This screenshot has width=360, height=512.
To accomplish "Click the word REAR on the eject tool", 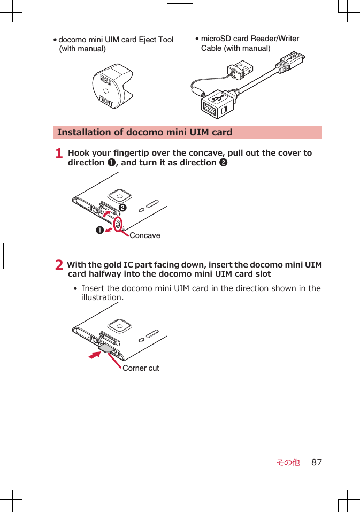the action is click(x=106, y=81).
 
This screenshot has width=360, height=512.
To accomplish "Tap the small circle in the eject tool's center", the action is click(x=106, y=91).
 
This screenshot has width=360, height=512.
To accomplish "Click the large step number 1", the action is click(x=59, y=153).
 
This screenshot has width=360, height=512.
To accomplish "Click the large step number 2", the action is click(x=59, y=264).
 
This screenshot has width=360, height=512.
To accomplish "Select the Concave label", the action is click(x=145, y=235).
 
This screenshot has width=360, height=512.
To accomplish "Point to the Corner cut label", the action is click(x=141, y=368).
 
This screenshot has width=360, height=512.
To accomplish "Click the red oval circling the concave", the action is click(x=118, y=224).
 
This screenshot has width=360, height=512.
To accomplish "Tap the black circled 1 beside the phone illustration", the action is click(x=99, y=230).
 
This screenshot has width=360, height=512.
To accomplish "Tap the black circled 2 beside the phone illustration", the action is click(x=122, y=208).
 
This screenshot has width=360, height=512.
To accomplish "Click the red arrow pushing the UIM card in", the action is click(x=95, y=355).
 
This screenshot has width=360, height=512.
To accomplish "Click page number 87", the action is click(x=317, y=462).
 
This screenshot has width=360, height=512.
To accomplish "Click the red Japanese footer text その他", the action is click(x=288, y=462).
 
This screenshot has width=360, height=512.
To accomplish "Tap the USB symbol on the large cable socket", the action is click(x=218, y=97).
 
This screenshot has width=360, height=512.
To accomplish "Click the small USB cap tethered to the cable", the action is click(x=240, y=69).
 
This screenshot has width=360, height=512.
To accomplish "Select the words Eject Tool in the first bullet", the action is click(x=156, y=40).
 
